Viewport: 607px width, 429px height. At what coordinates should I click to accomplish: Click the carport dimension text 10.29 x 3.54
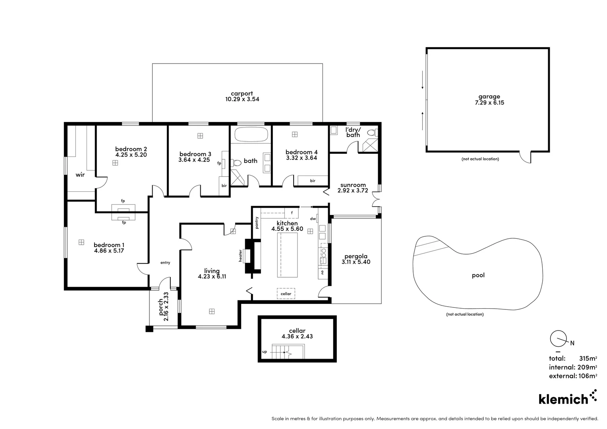click(242, 99)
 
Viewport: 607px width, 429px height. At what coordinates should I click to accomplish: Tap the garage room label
click(489, 97)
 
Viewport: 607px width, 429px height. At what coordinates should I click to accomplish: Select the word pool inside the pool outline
click(478, 275)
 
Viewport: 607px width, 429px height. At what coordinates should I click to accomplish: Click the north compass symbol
click(558, 338)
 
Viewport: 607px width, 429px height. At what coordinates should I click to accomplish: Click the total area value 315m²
click(588, 358)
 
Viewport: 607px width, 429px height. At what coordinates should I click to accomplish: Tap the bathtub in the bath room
click(251, 134)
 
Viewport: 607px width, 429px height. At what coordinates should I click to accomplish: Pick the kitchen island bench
click(287, 255)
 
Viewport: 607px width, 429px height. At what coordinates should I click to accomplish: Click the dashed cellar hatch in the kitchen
click(286, 294)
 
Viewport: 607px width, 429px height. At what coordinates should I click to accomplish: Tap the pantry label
click(257, 222)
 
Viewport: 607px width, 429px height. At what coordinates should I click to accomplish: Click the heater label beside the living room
click(240, 255)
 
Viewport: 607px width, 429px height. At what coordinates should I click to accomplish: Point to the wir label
click(80, 175)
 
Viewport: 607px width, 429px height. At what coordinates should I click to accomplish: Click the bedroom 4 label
click(301, 152)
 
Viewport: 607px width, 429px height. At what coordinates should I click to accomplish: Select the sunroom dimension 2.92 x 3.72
click(353, 191)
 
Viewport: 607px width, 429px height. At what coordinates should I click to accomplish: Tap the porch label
click(161, 307)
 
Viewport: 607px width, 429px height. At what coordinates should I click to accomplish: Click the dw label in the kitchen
click(313, 218)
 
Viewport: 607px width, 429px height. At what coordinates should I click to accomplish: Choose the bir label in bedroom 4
click(313, 181)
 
